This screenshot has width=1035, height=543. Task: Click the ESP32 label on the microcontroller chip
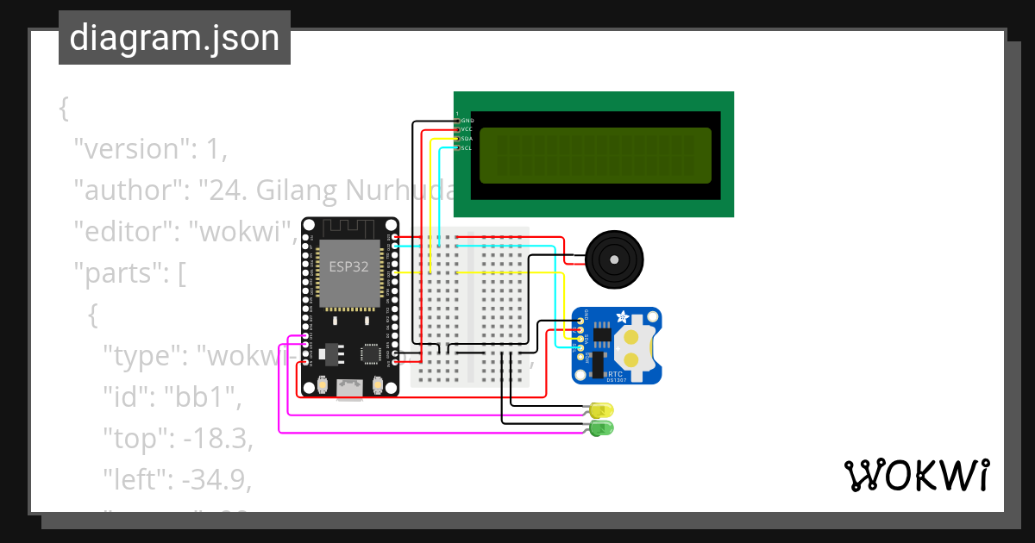tap(348, 266)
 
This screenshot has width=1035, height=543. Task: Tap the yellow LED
tap(601, 409)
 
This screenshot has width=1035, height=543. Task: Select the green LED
tap(601, 428)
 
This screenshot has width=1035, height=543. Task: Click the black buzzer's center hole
tap(614, 259)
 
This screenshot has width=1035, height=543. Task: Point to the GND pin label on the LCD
tap(467, 121)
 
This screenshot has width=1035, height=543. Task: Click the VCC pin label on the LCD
tap(467, 129)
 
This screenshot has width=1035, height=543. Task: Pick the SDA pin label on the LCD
tap(467, 139)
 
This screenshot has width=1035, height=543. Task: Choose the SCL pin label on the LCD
tap(467, 148)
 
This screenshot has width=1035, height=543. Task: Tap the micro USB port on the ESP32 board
tap(349, 390)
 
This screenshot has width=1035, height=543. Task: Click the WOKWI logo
tap(916, 475)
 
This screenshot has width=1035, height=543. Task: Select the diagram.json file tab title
tap(174, 38)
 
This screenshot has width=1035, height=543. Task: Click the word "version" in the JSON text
tap(129, 148)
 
